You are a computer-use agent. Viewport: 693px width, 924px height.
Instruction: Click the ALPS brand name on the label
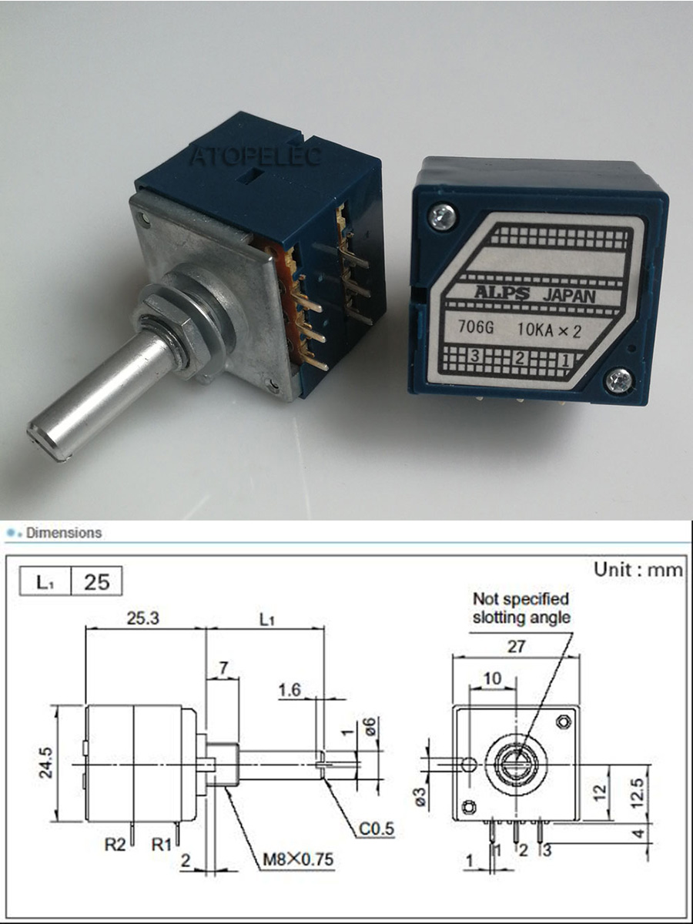502,293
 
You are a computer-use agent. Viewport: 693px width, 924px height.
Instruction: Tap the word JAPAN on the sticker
569,296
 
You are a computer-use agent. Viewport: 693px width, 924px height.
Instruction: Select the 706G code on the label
475,326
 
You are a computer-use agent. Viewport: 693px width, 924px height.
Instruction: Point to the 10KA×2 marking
549,331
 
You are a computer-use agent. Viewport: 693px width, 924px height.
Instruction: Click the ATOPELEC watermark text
256,156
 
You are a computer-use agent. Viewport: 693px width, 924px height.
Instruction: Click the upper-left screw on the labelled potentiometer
443,217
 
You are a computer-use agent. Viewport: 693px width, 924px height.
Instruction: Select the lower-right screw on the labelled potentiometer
619,381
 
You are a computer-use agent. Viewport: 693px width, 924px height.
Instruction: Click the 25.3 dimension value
143,618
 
